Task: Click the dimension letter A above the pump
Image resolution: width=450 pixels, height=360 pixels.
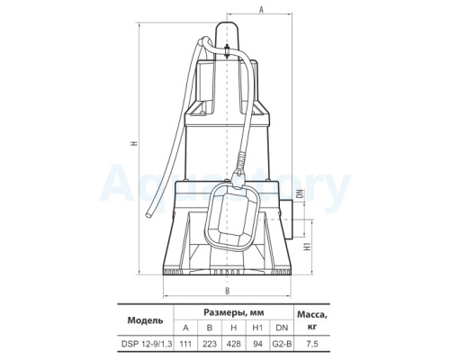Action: click(x=261, y=10)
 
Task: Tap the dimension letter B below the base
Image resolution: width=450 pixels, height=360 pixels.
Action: click(x=228, y=291)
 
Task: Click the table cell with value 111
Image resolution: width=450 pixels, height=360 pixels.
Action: click(x=185, y=344)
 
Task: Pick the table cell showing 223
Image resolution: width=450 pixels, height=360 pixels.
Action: click(x=210, y=344)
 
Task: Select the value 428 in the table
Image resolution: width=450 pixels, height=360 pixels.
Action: click(x=234, y=344)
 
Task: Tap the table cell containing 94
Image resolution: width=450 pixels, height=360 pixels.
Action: click(x=257, y=344)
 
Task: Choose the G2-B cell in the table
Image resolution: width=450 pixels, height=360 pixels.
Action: click(x=282, y=344)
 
